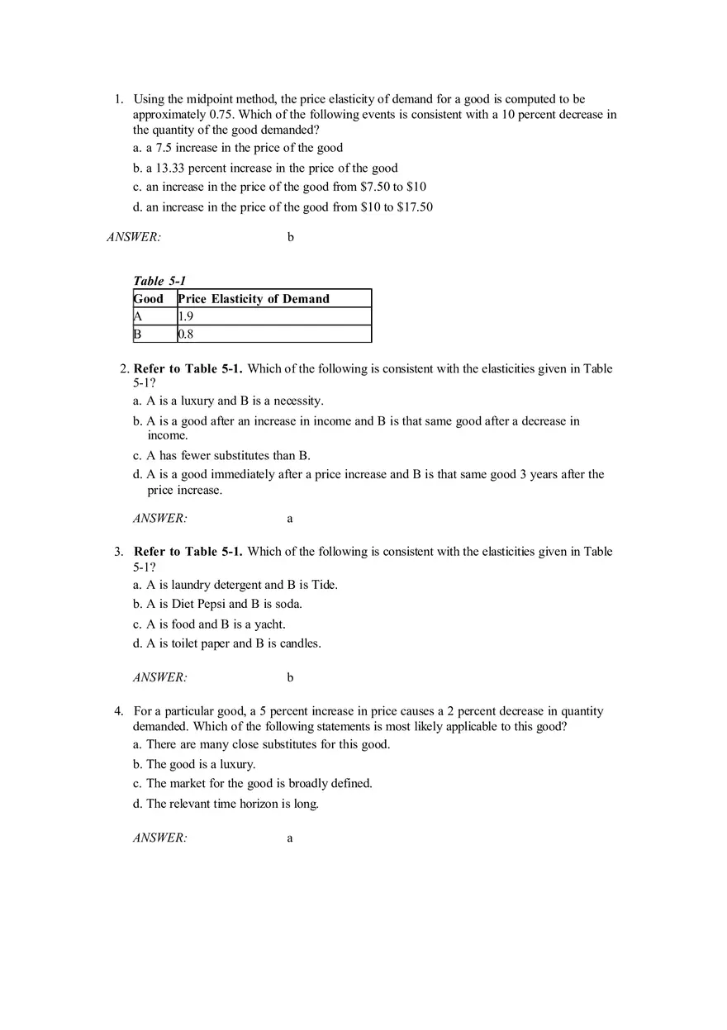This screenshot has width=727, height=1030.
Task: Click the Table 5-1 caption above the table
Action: [159, 281]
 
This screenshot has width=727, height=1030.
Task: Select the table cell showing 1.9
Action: [187, 316]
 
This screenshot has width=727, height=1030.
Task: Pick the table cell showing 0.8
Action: [187, 335]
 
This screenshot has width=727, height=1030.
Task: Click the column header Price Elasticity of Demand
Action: [254, 299]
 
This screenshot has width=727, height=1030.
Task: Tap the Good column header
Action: [150, 299]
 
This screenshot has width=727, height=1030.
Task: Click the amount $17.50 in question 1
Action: [415, 207]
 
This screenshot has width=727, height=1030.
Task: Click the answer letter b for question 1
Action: [290, 238]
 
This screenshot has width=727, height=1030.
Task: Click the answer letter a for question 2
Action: [290, 520]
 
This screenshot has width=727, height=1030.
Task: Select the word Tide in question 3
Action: [323, 585]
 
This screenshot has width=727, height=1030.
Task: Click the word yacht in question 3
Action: [269, 624]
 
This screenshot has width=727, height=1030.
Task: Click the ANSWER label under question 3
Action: [160, 678]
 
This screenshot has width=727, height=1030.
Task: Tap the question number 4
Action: [119, 711]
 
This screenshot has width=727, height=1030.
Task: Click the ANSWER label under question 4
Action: [160, 838]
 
